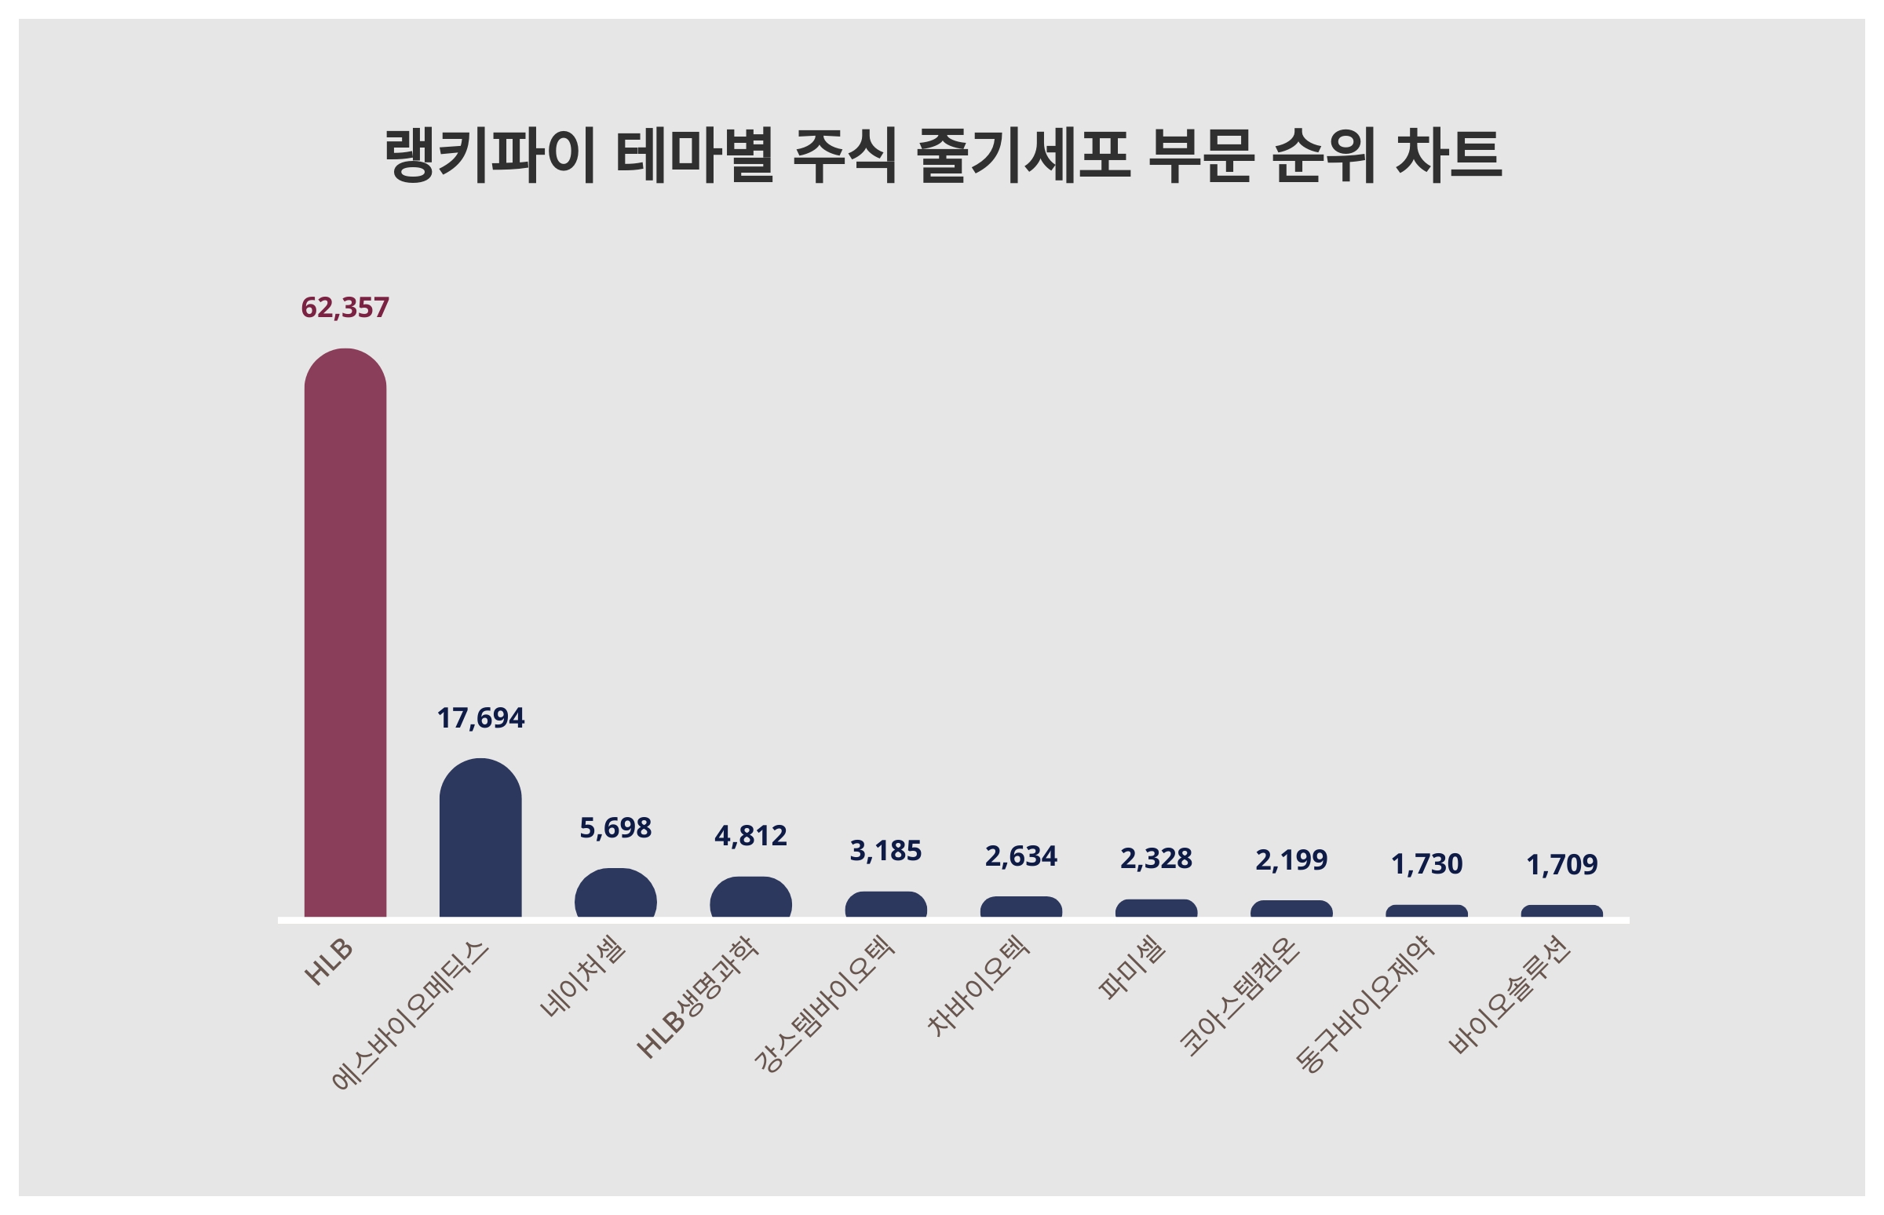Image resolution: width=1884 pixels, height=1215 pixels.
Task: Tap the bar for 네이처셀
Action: [615, 894]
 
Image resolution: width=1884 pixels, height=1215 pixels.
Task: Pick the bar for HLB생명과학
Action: [750, 898]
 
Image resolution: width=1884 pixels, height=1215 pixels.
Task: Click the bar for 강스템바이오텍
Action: [885, 905]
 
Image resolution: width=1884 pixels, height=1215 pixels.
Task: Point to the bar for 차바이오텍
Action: [1021, 907]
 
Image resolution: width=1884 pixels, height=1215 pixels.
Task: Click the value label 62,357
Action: [345, 308]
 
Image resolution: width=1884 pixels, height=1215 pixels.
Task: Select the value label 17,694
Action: [480, 718]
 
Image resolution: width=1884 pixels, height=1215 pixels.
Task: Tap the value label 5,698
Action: [615, 827]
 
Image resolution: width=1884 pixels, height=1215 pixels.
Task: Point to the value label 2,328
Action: [1156, 859]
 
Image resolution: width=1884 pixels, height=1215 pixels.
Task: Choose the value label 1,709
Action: [1561, 865]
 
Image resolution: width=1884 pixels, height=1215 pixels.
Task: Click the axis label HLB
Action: [328, 962]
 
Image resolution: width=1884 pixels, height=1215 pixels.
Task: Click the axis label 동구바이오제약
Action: [1365, 1004]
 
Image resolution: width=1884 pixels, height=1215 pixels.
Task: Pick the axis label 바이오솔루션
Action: [1510, 996]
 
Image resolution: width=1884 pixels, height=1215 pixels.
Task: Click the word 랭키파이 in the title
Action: [489, 155]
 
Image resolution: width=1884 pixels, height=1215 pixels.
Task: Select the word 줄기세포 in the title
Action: [1023, 155]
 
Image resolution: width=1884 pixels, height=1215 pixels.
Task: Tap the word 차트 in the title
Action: [1448, 155]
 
